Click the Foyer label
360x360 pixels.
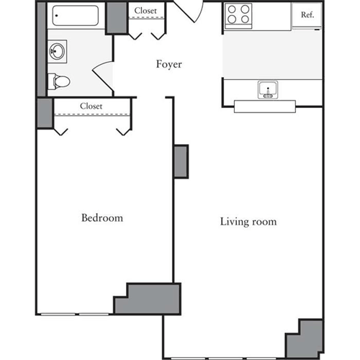pyautogui.click(x=169, y=64)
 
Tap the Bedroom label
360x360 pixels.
pyautogui.click(x=102, y=217)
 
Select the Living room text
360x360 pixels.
pyautogui.click(x=248, y=222)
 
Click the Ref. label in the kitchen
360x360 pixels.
pyautogui.click(x=307, y=14)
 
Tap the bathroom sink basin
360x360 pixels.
pyautogui.click(x=56, y=51)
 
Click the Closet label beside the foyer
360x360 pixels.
pyautogui.click(x=147, y=11)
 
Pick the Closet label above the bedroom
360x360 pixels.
pyautogui.click(x=91, y=106)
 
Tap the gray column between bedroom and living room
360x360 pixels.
pyautogui.click(x=181, y=162)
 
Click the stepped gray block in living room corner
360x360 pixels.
pyautogui.click(x=305, y=338)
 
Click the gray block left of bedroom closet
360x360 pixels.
pyautogui.click(x=43, y=113)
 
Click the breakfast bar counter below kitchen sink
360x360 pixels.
pyautogui.click(x=264, y=107)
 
